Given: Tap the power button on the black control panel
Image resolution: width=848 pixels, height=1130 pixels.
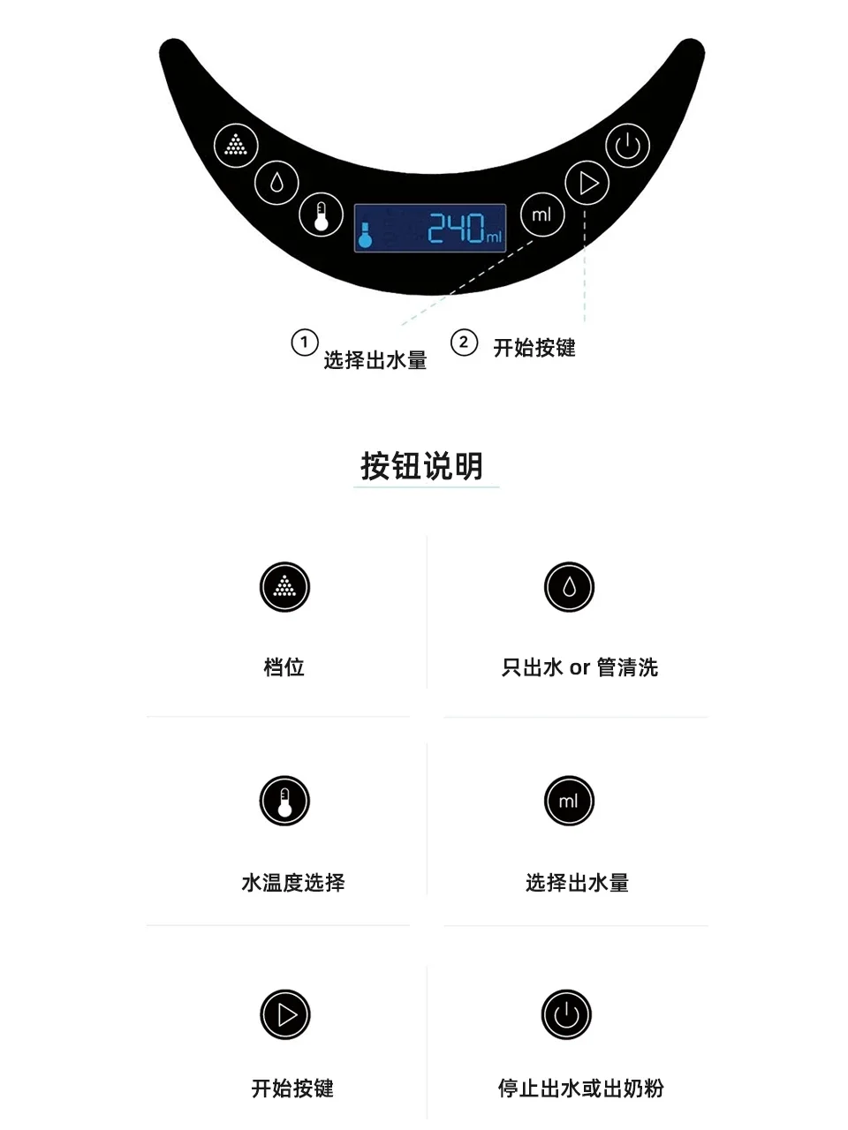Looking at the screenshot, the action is point(627,146).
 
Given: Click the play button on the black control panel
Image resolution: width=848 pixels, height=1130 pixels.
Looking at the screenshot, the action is point(587,184).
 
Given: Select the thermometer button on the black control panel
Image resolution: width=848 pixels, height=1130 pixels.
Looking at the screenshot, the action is point(321,215).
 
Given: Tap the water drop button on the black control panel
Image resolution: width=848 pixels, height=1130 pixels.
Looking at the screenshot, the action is point(276,183).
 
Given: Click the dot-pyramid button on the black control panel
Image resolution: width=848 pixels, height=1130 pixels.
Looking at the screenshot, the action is point(236,145).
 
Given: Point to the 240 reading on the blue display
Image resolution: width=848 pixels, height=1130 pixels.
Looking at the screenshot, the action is point(456,228).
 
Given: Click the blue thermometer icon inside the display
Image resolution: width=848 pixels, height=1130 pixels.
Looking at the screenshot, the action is point(365,234).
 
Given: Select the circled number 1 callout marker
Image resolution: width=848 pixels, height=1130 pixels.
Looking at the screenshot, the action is point(304,343).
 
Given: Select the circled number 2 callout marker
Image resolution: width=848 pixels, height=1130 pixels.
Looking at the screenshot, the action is point(464,343).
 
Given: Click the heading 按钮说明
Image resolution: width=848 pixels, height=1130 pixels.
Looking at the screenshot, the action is point(422,466).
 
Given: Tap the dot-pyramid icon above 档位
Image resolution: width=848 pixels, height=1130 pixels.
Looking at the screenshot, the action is point(284,587).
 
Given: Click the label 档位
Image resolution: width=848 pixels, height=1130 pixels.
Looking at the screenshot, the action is point(284,667).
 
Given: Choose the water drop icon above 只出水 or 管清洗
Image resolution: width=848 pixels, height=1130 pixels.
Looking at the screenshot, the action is point(569,587).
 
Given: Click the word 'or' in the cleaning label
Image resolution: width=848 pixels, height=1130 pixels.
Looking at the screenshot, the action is point(579,668).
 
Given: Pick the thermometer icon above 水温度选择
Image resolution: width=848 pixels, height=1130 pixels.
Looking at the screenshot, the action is point(284,802).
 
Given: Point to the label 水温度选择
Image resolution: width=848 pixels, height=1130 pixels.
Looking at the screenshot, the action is point(293,883).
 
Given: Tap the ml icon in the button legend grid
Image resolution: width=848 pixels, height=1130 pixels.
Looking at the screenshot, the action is point(569,802).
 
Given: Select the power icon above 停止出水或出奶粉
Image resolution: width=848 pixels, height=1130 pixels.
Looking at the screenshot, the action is point(566,1015).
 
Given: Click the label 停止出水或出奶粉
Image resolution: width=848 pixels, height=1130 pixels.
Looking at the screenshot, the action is point(580,1089).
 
